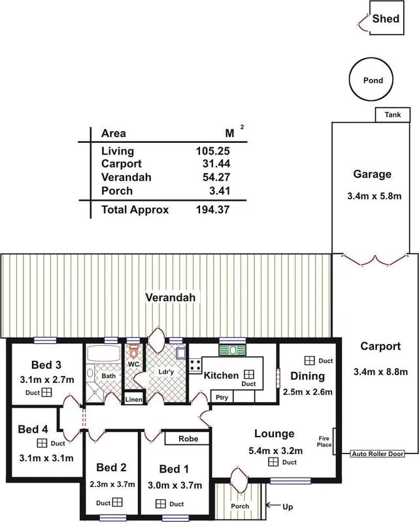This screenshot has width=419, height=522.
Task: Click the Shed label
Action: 386,19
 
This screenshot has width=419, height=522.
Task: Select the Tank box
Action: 393,115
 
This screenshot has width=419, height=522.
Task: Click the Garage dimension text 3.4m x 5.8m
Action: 375,196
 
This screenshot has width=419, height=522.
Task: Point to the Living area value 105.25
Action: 213,151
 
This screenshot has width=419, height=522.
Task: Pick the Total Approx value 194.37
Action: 213,209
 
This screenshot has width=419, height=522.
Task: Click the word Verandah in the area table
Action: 126,177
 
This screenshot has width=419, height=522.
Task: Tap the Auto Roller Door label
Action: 378,453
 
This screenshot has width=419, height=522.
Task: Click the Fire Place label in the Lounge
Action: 324,442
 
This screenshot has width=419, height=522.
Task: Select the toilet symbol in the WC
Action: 134,351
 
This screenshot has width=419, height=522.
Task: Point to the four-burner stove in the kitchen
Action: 195,365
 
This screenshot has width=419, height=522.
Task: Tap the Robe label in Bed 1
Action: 188,438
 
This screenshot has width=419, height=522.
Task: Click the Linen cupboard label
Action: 134,399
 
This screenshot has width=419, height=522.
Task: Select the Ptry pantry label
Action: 222,397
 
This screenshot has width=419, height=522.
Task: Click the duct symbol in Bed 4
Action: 42,443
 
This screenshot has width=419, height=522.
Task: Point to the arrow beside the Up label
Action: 273,505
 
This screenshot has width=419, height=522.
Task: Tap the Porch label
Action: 240,506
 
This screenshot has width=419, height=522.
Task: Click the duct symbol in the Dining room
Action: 310,361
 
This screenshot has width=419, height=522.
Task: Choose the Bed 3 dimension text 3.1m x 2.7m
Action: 47,380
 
